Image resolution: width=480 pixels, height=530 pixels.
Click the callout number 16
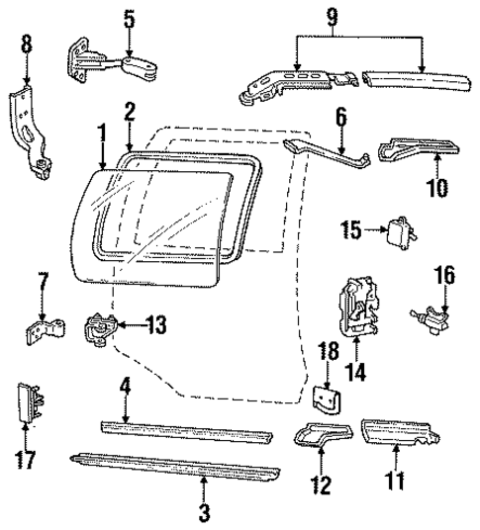(443, 273)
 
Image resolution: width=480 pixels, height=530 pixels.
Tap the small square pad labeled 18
(329, 400)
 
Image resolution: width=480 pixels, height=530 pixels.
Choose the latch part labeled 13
(102, 328)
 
